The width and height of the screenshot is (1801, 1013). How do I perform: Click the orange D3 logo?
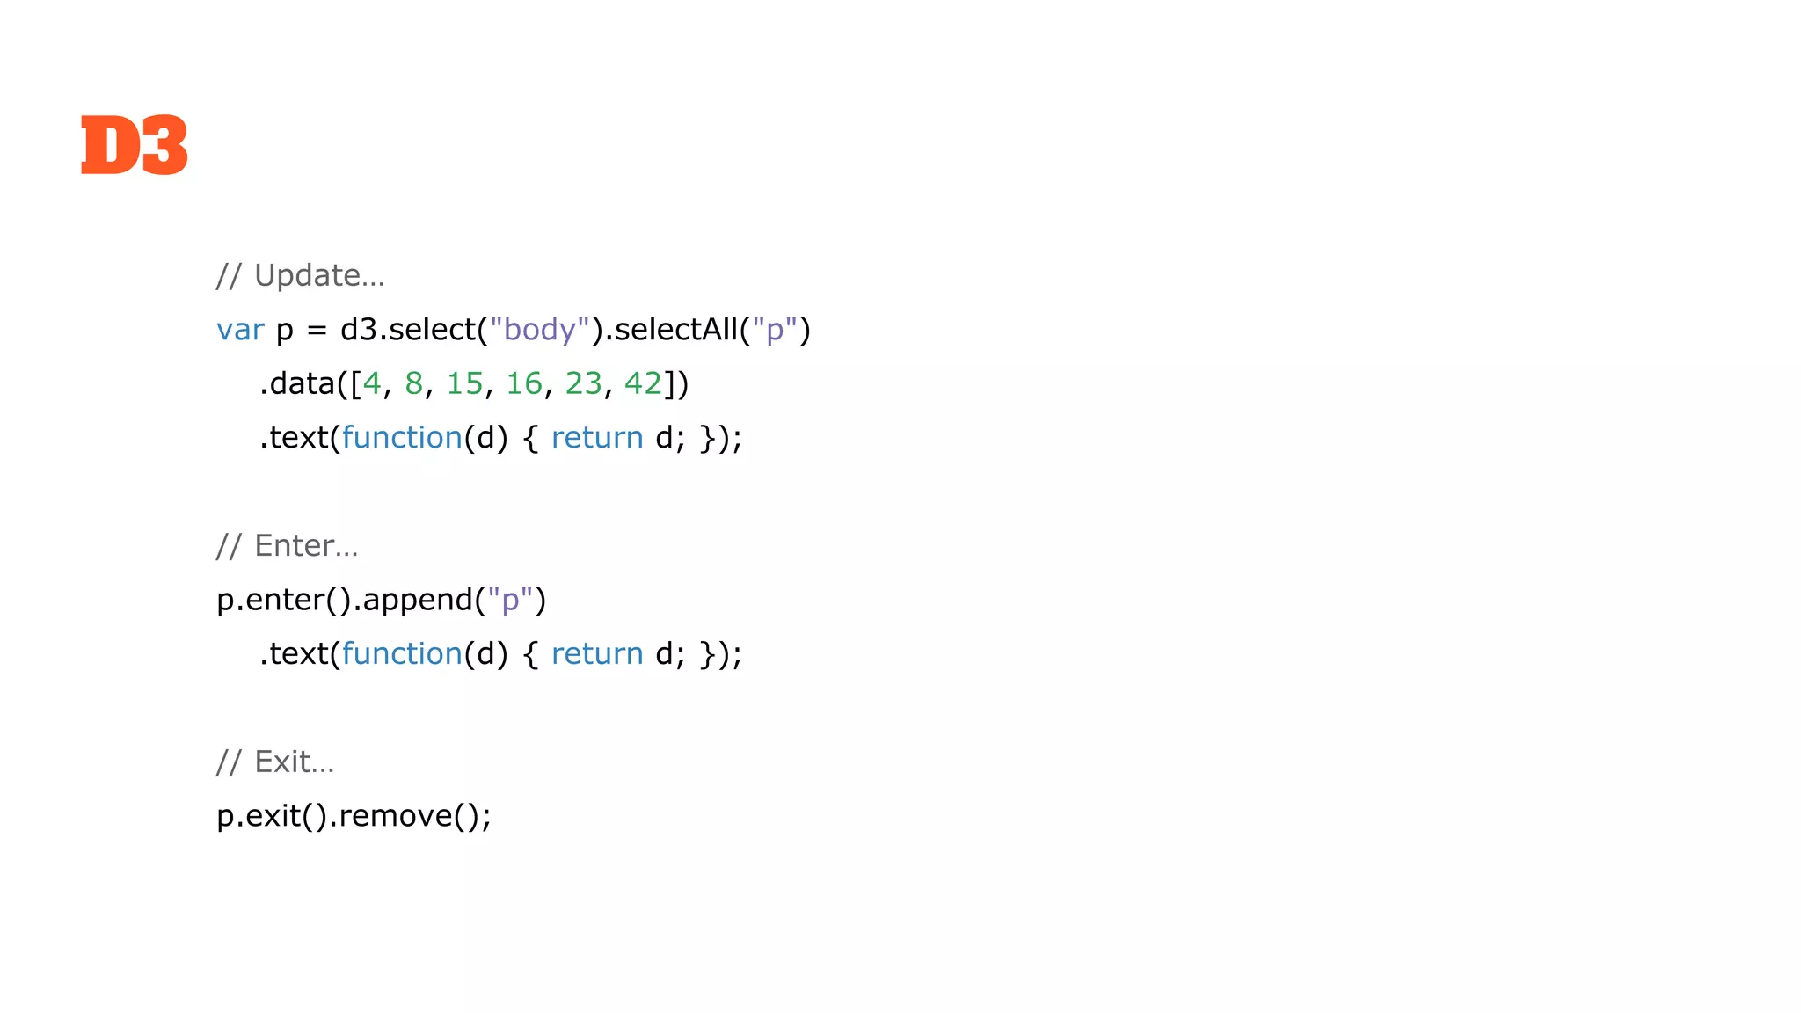[134, 145]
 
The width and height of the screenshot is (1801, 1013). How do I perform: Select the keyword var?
[240, 330]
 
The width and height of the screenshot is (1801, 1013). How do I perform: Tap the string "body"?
[539, 330]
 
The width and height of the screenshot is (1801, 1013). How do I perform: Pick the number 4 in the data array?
[372, 383]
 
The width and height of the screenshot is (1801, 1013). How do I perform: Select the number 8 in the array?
[413, 383]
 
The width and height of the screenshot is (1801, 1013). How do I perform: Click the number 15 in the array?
[464, 383]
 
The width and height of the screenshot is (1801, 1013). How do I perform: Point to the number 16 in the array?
[524, 383]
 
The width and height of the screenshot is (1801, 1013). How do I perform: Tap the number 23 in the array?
[583, 383]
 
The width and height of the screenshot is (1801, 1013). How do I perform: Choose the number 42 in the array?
[643, 383]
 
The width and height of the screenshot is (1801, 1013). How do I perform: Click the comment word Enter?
[294, 546]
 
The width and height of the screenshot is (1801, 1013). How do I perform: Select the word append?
[418, 601]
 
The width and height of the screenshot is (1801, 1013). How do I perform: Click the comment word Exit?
[282, 762]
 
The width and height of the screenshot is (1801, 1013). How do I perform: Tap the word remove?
[395, 816]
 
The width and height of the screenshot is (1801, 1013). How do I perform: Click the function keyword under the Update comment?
[402, 438]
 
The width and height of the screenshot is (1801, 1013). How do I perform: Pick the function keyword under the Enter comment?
[402, 654]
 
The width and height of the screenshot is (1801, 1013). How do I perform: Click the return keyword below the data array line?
[597, 438]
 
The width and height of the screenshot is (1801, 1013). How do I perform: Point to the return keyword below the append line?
[597, 654]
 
